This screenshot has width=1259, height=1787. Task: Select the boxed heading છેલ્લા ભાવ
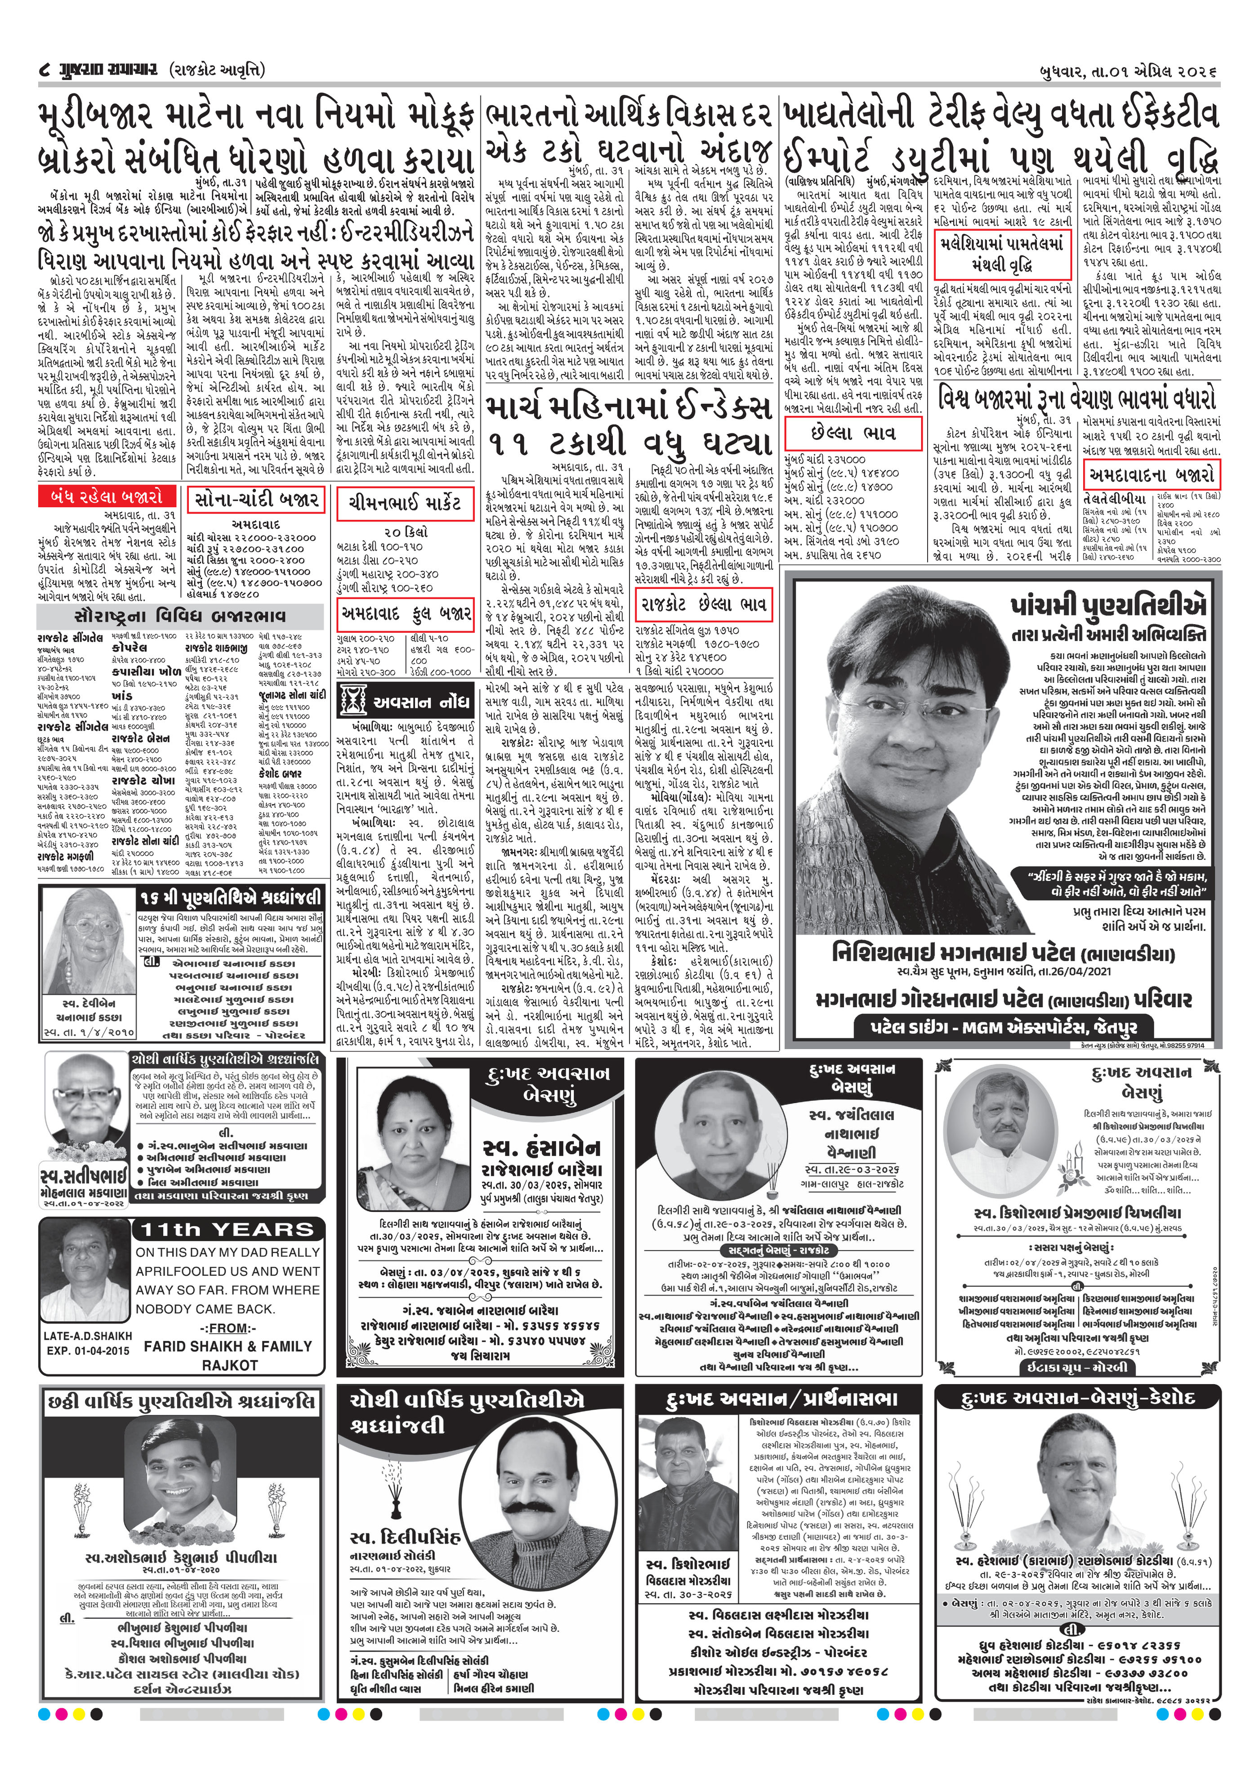[x=853, y=432]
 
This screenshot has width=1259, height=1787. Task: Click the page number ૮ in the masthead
[x=45, y=70]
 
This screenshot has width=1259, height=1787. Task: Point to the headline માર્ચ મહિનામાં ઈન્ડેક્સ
[x=630, y=407]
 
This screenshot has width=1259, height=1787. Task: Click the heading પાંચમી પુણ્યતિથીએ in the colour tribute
[x=1110, y=606]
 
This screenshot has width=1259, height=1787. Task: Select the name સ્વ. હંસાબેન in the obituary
[x=541, y=1148]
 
